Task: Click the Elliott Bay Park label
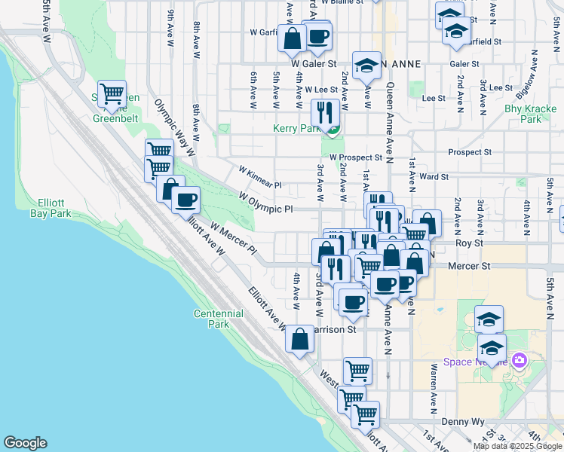pyautogui.click(x=54, y=208)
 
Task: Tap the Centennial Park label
pyautogui.click(x=218, y=319)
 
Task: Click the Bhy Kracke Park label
pyautogui.click(x=531, y=114)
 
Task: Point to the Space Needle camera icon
pyautogui.click(x=519, y=362)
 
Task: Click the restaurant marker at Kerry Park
pyautogui.click(x=324, y=113)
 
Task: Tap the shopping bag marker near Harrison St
pyautogui.click(x=300, y=339)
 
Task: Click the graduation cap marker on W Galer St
pyautogui.click(x=366, y=66)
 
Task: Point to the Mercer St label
pyautogui.click(x=469, y=266)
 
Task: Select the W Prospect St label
pyautogui.click(x=356, y=157)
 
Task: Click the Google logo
pyautogui.click(x=25, y=443)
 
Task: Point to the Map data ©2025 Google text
pyautogui.click(x=516, y=446)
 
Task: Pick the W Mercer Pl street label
pyautogui.click(x=233, y=237)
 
